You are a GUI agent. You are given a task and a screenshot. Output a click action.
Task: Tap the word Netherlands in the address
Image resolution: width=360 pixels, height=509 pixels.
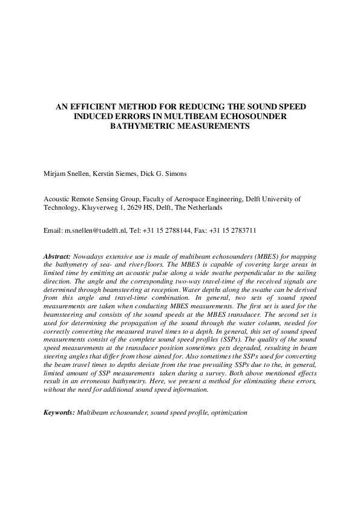pyautogui.click(x=202, y=207)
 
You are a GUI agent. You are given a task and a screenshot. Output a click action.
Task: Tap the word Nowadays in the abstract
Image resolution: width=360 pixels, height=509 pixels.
pyautogui.click(x=90, y=256)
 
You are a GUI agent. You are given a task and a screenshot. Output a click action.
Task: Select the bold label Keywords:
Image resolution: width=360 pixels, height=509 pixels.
pyautogui.click(x=59, y=412)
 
